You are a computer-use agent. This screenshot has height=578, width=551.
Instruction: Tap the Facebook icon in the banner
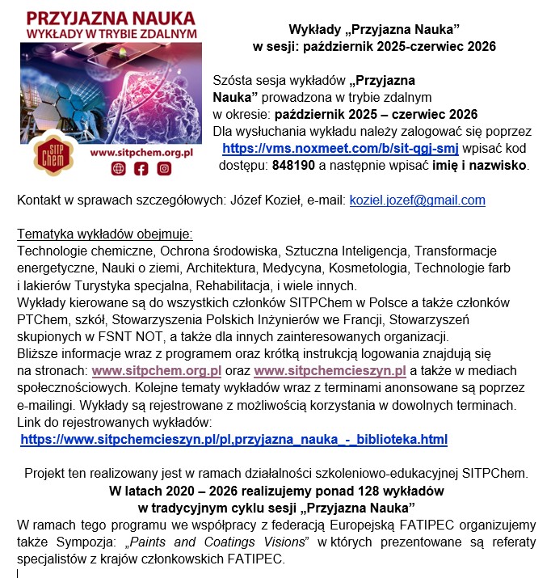coord(141,169)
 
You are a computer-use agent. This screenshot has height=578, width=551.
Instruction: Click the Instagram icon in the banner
coord(164,169)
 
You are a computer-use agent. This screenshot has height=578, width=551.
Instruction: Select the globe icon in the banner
coord(119,169)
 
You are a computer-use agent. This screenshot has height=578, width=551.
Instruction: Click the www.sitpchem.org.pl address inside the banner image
coord(141,150)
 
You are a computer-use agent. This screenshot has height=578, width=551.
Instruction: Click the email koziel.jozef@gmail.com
coord(417,200)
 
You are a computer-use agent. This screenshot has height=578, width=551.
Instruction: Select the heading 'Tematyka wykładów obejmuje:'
coord(105,234)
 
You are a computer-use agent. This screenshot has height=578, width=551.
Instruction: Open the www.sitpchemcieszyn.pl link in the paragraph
coord(330,371)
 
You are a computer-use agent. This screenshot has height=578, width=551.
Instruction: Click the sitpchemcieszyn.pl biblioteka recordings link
coord(233,439)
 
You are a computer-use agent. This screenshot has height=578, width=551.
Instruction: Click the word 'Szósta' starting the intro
coord(233,81)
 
